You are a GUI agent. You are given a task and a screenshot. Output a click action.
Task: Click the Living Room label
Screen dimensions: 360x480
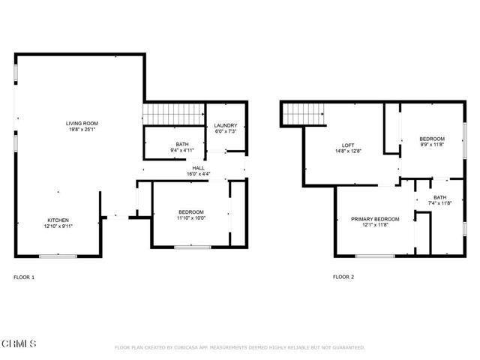82,124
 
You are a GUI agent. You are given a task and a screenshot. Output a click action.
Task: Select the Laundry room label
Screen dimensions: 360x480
226,125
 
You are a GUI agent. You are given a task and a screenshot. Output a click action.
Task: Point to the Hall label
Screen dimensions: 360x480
199,168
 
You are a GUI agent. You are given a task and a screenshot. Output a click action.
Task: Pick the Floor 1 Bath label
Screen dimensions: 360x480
182,144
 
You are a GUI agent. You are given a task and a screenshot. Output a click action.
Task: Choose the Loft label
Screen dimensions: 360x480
348,145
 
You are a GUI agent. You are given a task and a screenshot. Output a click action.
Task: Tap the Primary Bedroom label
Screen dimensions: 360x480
375,219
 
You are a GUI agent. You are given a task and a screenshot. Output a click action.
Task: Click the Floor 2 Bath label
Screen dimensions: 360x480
439,197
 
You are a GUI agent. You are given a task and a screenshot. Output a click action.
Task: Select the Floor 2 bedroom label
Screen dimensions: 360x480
431,139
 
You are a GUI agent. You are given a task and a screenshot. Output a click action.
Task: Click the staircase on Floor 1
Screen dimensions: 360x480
174,115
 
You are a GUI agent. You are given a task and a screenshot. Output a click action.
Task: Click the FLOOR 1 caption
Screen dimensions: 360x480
24,277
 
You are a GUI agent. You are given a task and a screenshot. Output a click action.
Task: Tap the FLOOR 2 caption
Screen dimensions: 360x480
343,277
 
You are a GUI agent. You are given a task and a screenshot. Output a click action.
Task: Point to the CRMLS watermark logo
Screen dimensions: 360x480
19,343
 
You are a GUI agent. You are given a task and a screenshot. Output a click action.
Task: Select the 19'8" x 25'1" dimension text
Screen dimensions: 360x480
82,130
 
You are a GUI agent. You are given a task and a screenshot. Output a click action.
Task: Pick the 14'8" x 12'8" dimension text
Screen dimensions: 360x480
348,151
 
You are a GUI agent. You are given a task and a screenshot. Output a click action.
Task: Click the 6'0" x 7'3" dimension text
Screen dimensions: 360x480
226,131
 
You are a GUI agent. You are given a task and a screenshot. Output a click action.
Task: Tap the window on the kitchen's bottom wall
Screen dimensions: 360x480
58,256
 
